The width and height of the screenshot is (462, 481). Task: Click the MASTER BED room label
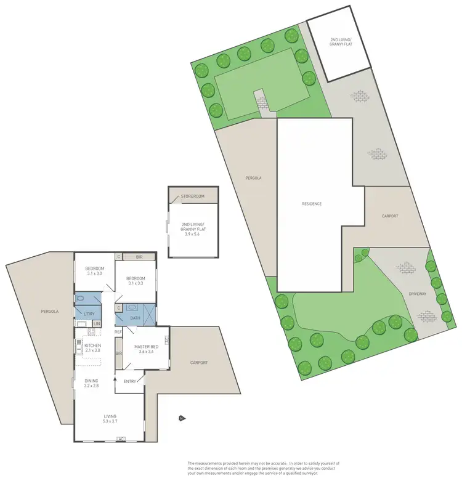point(146,347)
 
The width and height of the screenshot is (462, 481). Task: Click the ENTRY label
point(130,381)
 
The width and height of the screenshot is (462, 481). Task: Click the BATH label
point(136,318)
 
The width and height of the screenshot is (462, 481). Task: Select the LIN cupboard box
point(97,324)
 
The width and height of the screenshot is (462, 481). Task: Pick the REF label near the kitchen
point(118,332)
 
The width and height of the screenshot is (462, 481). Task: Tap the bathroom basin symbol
point(131,307)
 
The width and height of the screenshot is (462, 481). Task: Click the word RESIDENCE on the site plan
point(311,204)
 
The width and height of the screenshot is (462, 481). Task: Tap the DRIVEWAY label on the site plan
point(417,294)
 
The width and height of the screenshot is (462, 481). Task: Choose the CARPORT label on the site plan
point(389,216)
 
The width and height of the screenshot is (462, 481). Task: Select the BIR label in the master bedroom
point(119,354)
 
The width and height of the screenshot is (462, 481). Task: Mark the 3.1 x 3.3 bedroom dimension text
point(135,283)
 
